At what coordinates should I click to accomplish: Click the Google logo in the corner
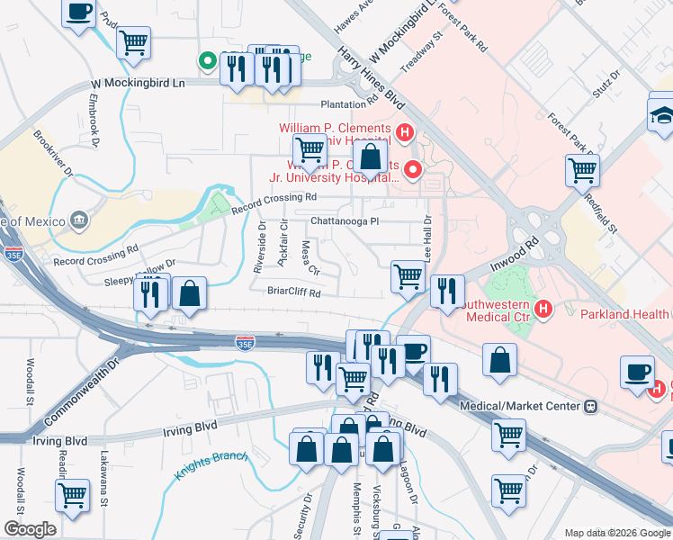(x=30, y=528)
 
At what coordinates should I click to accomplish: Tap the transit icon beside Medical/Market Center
(x=591, y=406)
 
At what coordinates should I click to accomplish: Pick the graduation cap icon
(x=661, y=115)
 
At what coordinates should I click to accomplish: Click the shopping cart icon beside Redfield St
(x=582, y=168)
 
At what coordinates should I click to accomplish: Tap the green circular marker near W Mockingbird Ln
(x=207, y=61)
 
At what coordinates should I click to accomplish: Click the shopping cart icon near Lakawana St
(x=72, y=493)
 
